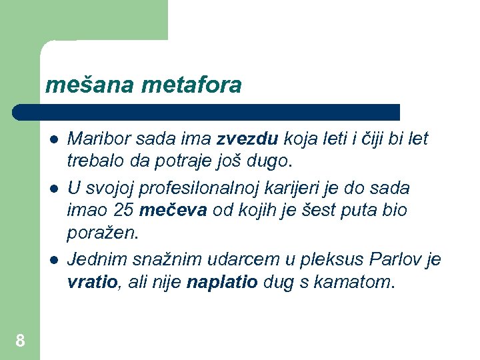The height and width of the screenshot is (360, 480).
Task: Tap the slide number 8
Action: tap(20, 341)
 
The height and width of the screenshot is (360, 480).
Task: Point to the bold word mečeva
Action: tap(173, 211)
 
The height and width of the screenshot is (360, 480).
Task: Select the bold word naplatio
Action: tap(222, 282)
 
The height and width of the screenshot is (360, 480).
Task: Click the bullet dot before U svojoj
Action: tap(53, 189)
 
